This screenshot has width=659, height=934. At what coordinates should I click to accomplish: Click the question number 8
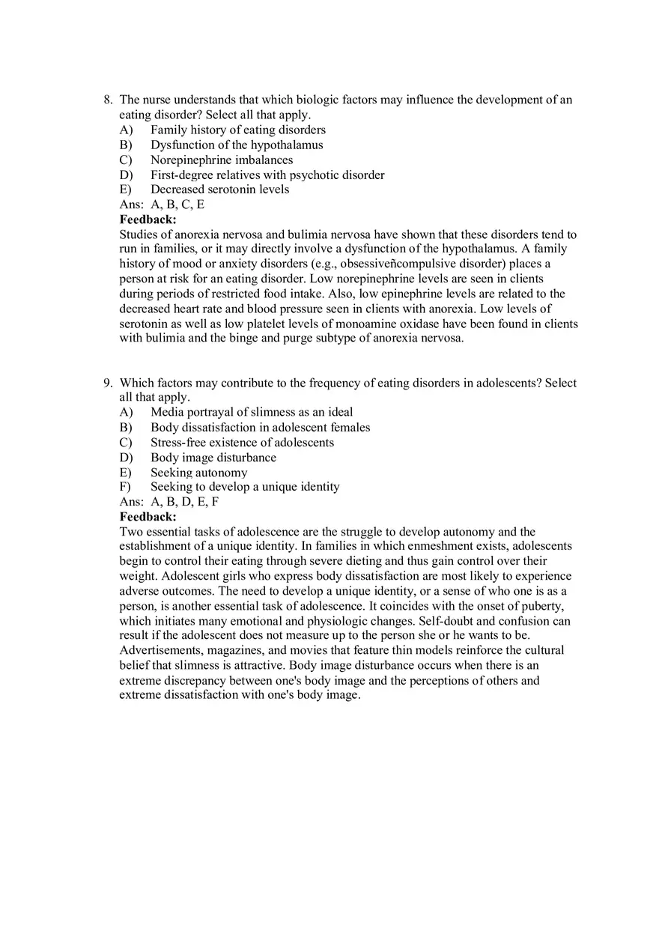click(x=108, y=100)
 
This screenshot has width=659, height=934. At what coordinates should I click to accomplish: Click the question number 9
click(x=108, y=383)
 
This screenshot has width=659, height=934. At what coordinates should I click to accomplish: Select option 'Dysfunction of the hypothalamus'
click(x=237, y=145)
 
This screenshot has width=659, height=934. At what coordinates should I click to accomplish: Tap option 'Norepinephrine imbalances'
click(x=222, y=160)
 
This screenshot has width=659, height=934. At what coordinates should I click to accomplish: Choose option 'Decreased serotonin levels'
click(x=219, y=189)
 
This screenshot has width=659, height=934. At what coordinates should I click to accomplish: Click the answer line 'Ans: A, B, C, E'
click(x=162, y=204)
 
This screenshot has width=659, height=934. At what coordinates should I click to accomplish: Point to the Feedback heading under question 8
click(x=148, y=219)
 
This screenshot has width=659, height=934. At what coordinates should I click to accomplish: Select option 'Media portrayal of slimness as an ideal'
click(x=252, y=412)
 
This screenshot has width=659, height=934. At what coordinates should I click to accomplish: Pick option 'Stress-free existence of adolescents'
click(x=242, y=442)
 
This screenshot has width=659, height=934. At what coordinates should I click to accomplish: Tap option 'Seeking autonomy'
click(x=198, y=472)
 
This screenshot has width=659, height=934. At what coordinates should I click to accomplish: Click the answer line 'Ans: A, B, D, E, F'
click(x=169, y=502)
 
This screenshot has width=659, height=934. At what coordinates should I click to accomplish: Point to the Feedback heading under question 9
click(x=148, y=517)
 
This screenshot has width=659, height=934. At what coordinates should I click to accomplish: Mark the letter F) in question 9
click(x=125, y=487)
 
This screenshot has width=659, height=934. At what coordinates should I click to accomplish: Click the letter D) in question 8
click(x=126, y=175)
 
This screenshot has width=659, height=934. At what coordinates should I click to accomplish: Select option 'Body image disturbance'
click(x=213, y=457)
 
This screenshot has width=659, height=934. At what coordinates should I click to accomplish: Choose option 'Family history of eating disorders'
click(x=237, y=130)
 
